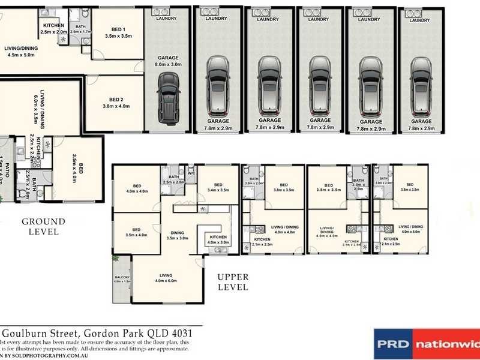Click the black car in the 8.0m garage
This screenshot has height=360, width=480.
[x=168, y=98]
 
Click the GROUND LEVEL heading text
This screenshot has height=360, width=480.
[x=43, y=226]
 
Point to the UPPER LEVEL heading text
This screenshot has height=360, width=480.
[x=233, y=281]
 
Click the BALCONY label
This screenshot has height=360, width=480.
[x=122, y=278]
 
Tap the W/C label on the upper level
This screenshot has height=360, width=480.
[x=191, y=175]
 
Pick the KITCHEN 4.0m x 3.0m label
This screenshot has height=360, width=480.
[x=218, y=240]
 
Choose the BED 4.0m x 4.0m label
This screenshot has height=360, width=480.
[x=136, y=188]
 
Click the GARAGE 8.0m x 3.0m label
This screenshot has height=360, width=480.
[x=168, y=61]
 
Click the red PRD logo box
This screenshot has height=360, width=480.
[x=394, y=344]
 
